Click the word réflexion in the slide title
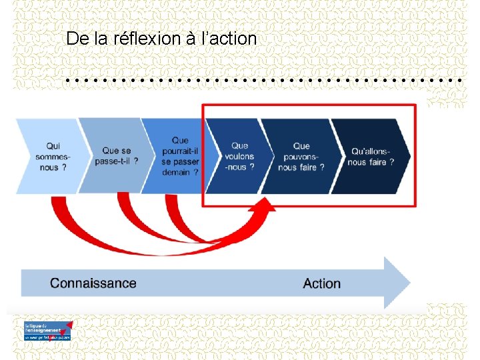coord(147,39)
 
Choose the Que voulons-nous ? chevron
coord(239,156)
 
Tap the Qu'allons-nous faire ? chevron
coord(371,156)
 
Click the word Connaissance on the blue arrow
coord(93,283)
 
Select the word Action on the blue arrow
coord(321,284)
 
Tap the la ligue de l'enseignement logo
coord(47,331)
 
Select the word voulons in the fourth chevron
coord(239,156)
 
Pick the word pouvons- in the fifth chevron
coord(301,156)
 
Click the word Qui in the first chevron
coord(53,146)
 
